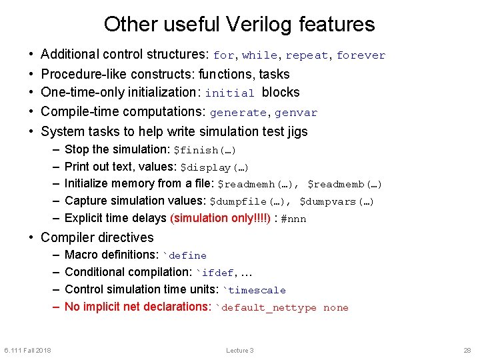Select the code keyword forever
point(361,56)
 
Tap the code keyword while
point(260,56)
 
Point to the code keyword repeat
point(307,56)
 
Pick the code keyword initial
point(230,93)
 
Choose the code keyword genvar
point(296,113)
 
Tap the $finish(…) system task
point(205,150)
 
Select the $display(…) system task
point(214,167)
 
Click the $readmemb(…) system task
point(345,185)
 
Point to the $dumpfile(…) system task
point(249,202)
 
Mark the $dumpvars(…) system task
point(337,202)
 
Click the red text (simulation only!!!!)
point(221,218)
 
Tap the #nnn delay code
point(294,219)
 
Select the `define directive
point(185,255)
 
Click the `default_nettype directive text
point(266,308)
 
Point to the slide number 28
point(467,350)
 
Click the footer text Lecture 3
point(240,350)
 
